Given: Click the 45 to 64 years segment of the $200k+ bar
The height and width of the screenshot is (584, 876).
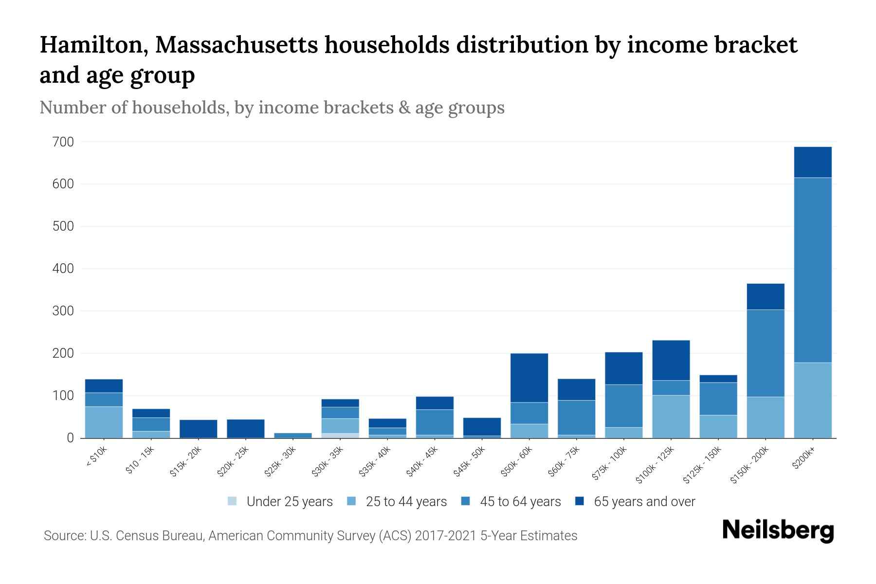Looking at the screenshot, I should point(812,270).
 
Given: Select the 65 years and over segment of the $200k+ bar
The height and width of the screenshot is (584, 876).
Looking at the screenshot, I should point(812,162).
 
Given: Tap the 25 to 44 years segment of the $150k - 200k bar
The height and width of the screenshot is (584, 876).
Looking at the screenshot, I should point(765,417).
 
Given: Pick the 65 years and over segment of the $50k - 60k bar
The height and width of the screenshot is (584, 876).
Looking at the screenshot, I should point(529,378).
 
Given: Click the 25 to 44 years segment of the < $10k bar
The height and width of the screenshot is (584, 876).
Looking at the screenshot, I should point(104,422).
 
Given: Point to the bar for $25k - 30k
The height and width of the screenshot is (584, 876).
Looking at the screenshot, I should point(292,435).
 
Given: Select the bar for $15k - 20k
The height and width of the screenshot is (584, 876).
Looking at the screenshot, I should point(198,428).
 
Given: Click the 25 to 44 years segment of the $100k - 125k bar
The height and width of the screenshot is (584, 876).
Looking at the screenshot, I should point(671,416).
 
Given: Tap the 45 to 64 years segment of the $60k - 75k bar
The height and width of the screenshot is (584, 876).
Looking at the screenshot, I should point(576,417).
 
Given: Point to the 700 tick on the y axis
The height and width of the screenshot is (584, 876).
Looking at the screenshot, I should point(63,142).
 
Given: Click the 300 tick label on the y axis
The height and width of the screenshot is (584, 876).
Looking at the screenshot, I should point(63,311).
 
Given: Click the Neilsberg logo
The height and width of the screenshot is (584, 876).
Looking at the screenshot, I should point(778,530).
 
